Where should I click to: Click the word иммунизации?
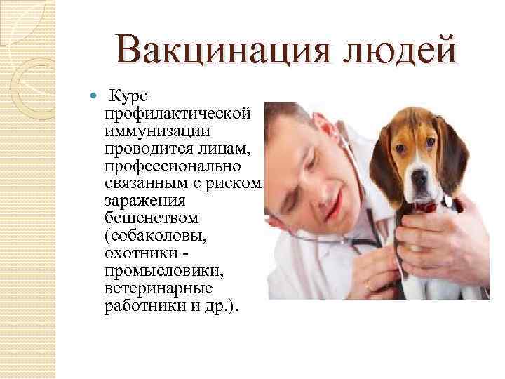[x=159, y=131]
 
